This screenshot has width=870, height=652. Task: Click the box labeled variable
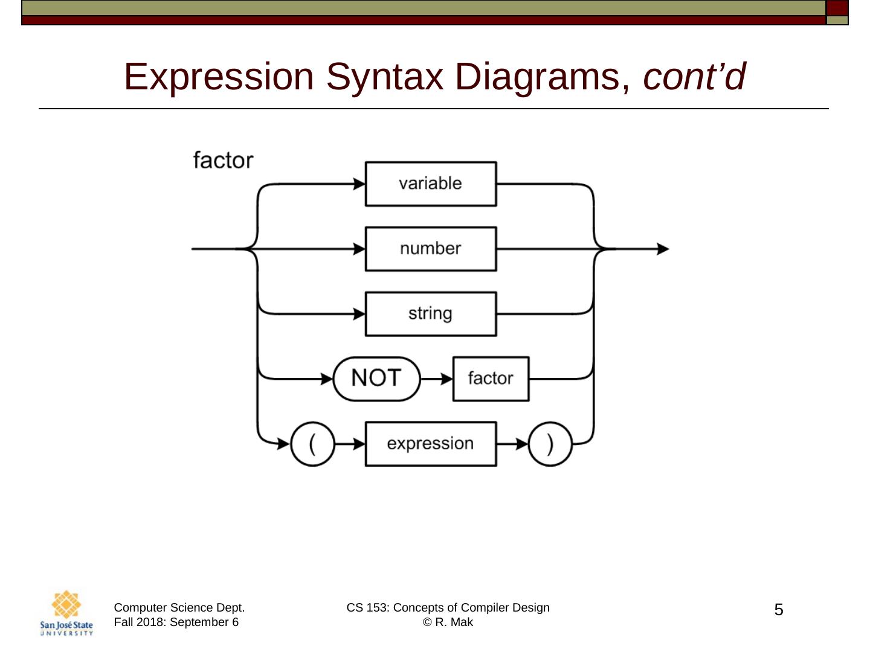(x=430, y=184)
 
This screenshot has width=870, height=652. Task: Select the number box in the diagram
(x=430, y=249)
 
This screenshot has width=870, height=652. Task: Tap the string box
(x=430, y=314)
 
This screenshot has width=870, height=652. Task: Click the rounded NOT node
(x=376, y=379)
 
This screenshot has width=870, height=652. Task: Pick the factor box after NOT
(x=491, y=379)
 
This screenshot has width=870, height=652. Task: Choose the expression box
(x=430, y=444)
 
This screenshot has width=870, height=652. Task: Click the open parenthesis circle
(x=312, y=444)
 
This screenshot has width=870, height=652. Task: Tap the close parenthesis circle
(x=550, y=444)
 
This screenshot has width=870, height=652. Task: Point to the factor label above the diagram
(x=223, y=161)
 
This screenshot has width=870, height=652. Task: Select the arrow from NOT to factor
(x=437, y=379)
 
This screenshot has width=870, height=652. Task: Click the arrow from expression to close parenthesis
(x=513, y=444)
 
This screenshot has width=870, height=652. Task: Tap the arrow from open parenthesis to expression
(x=350, y=444)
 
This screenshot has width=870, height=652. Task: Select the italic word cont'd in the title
(x=694, y=77)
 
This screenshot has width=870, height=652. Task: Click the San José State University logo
(x=66, y=613)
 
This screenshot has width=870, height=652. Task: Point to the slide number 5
(x=779, y=610)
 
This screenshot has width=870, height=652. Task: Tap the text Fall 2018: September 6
(x=176, y=622)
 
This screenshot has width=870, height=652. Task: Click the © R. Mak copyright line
(x=448, y=622)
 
